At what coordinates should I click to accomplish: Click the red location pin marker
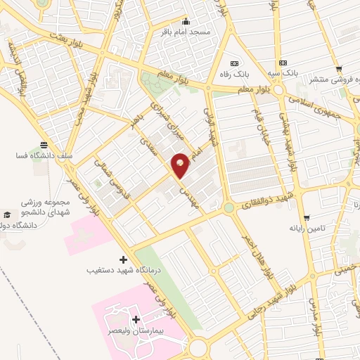[181, 165]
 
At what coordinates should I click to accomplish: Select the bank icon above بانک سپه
[283, 62]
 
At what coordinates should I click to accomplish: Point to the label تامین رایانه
[306, 229]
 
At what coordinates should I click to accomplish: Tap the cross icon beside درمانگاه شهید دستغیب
[124, 259]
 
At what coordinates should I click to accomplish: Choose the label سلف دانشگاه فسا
[44, 155]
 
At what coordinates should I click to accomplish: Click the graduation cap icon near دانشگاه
[6, 214]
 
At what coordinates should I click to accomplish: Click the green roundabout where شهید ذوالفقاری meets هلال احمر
[229, 208]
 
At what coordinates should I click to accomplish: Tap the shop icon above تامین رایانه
[306, 217]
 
